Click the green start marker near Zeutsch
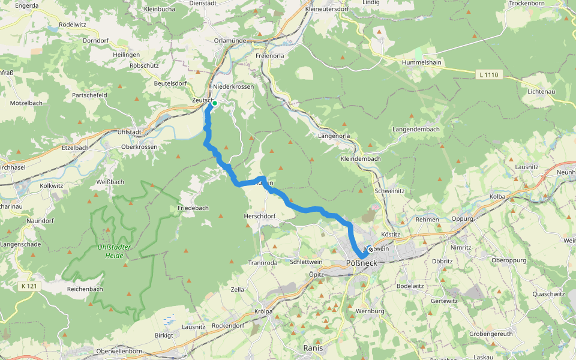pyautogui.click(x=214, y=103)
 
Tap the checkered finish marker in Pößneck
pyautogui.click(x=370, y=249)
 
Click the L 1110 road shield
pyautogui.click(x=489, y=75)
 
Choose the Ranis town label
pyautogui.click(x=313, y=348)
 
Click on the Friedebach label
pyautogui.click(x=193, y=208)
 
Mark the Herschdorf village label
pyautogui.click(x=259, y=216)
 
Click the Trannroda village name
pyautogui.click(x=263, y=262)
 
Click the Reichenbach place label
pyautogui.click(x=85, y=289)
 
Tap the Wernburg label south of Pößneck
pyautogui.click(x=370, y=311)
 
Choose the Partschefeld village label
pyautogui.click(x=89, y=95)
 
